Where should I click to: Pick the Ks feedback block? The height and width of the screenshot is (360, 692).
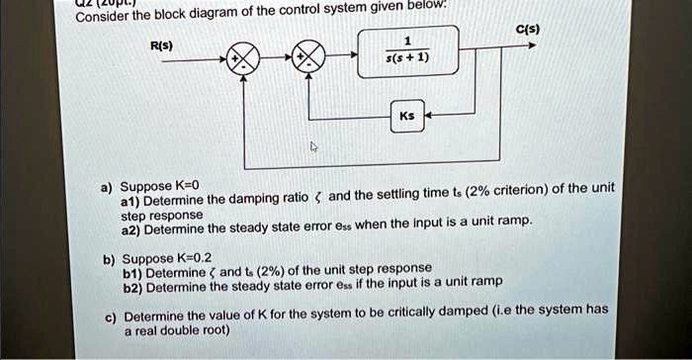pyautogui.click(x=407, y=116)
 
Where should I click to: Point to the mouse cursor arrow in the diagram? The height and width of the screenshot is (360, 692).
pyautogui.click(x=313, y=147)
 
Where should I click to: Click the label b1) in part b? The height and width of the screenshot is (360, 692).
pyautogui.click(x=131, y=271)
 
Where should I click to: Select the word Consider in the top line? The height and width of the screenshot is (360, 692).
pyautogui.click(x=102, y=17)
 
